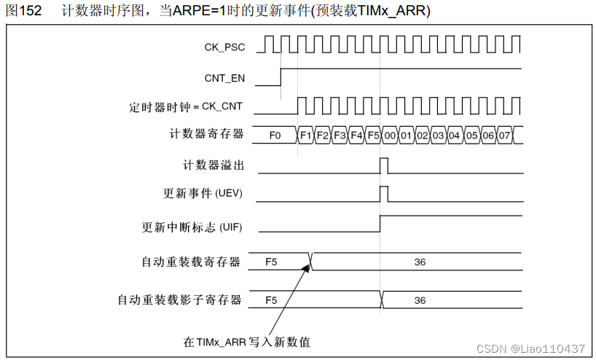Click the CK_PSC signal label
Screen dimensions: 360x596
pos(224,47)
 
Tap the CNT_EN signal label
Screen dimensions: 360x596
pos(224,77)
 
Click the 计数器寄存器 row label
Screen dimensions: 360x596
pos(206,135)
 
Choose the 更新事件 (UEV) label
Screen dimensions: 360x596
pos(203,194)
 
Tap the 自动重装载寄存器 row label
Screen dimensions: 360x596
pos(192,262)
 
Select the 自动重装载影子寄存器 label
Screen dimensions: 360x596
pos(180,300)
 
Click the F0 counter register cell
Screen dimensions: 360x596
pos(275,136)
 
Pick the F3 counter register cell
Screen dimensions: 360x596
pos(340,136)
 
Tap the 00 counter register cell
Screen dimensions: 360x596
pos(390,136)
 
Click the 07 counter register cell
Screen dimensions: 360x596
pos(506,136)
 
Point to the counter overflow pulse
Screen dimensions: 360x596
pos(384,165)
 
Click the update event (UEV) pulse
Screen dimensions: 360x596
pos(384,194)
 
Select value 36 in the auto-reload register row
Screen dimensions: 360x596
pos(420,262)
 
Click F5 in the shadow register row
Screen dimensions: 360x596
pos(271,300)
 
